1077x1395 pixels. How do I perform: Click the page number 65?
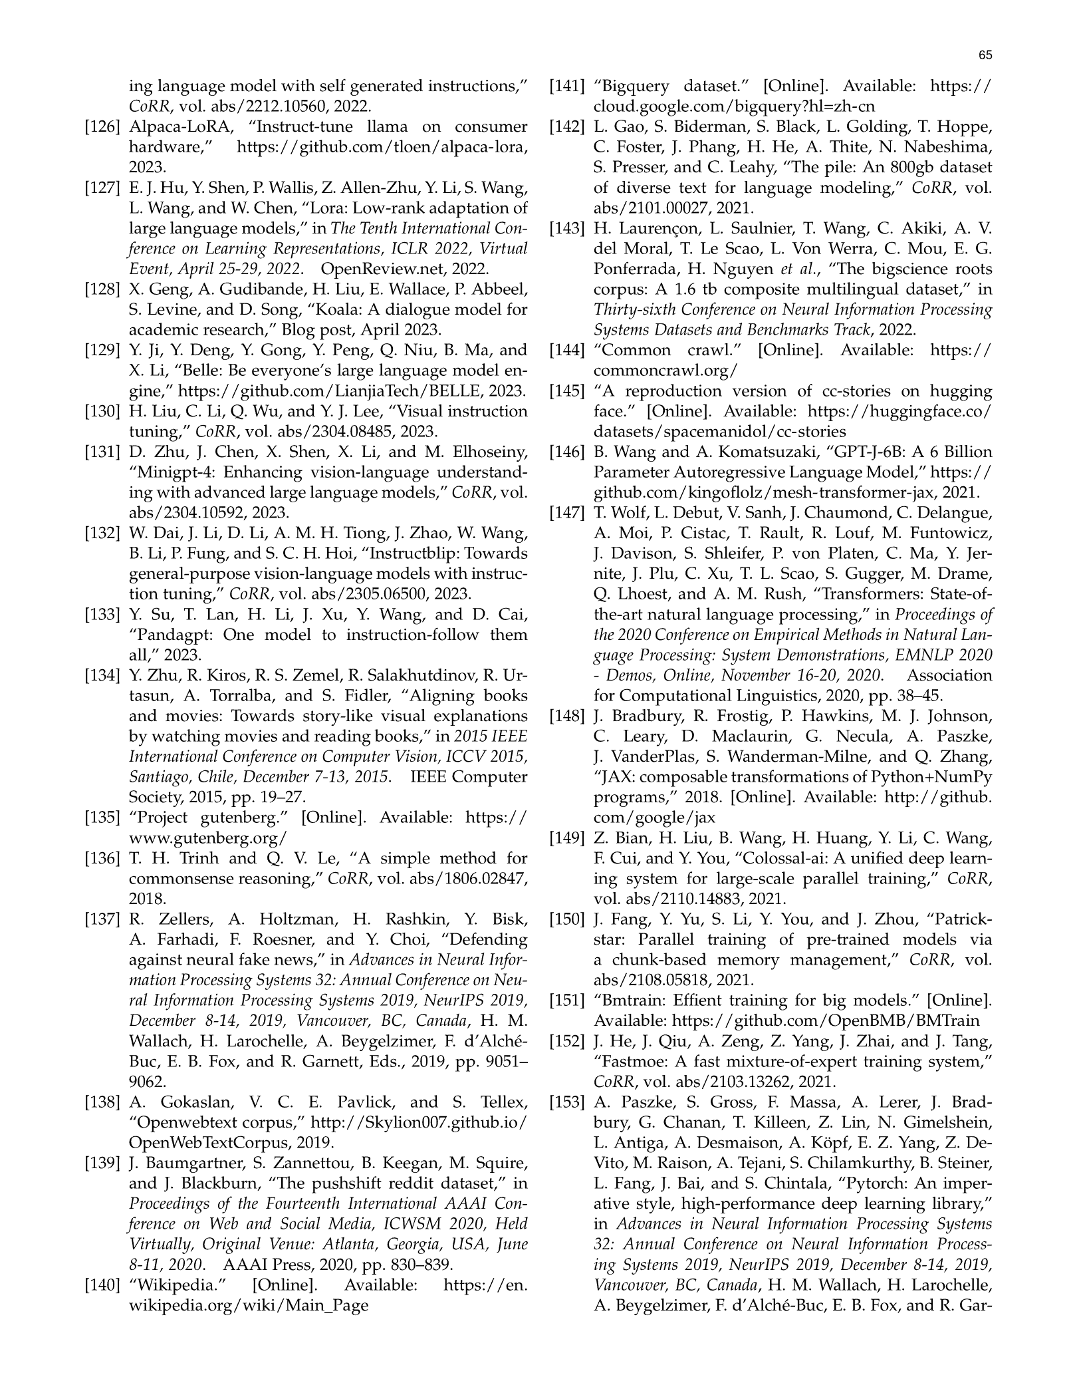[985, 55]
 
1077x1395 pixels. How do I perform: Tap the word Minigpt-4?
[174, 473]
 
